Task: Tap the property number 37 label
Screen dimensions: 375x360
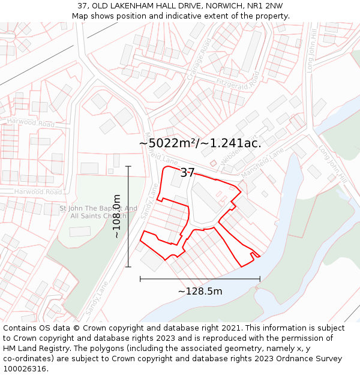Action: click(187, 173)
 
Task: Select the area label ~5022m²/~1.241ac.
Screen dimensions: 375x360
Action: click(200, 143)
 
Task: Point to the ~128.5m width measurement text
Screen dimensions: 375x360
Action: click(200, 292)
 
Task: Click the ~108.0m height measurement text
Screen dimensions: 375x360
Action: click(117, 216)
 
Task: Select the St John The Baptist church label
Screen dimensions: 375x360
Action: click(93, 212)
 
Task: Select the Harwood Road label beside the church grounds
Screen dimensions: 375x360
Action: click(38, 192)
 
